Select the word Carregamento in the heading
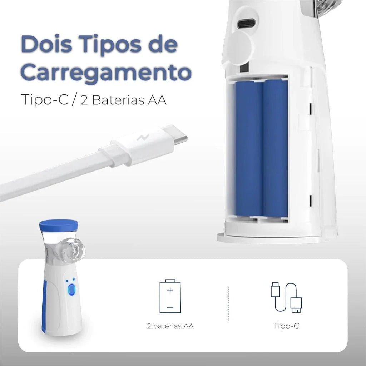pyautogui.click(x=106, y=72)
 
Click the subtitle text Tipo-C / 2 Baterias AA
pyautogui.click(x=94, y=99)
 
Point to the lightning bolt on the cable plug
pyautogui.click(x=139, y=139)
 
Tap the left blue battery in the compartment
pyautogui.click(x=249, y=148)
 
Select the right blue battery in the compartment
pyautogui.click(x=275, y=148)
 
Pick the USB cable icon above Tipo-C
pyautogui.click(x=286, y=297)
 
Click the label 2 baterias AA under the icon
pyautogui.click(x=170, y=326)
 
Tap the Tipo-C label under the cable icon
pyautogui.click(x=286, y=326)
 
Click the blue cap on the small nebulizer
pyautogui.click(x=59, y=225)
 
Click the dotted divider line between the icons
pyautogui.click(x=228, y=303)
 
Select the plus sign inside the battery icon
pyautogui.click(x=170, y=290)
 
